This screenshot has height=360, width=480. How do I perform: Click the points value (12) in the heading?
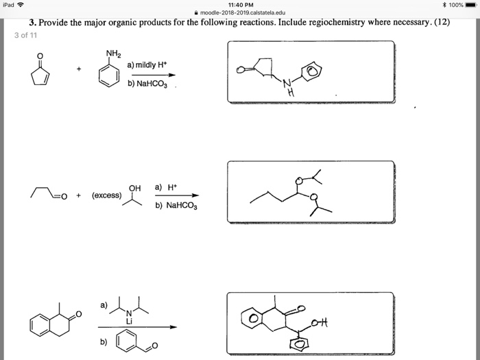(442, 23)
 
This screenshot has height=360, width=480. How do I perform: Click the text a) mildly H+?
(148, 64)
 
